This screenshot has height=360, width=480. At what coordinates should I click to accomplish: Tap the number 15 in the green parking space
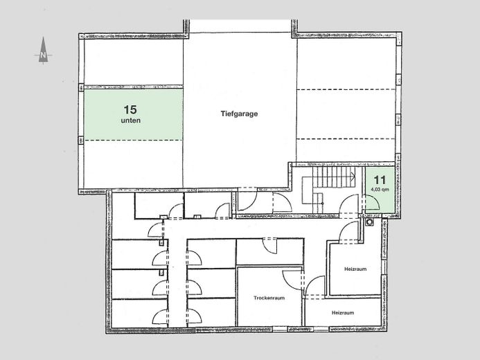pyautogui.click(x=129, y=109)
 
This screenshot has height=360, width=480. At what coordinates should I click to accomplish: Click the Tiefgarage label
pyautogui.click(x=239, y=114)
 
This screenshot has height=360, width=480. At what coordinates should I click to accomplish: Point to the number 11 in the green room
pyautogui.click(x=378, y=178)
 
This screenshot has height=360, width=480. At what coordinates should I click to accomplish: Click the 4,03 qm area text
pyautogui.click(x=378, y=188)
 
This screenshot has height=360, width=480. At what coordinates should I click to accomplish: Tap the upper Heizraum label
pyautogui.click(x=355, y=268)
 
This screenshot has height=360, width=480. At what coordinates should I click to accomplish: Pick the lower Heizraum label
pyautogui.click(x=343, y=313)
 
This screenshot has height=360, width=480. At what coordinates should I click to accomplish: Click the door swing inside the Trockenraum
pyautogui.click(x=295, y=278)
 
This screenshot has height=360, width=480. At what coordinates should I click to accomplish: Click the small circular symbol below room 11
pyautogui.click(x=370, y=223)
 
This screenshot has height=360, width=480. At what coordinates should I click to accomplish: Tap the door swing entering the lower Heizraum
pyautogui.click(x=317, y=286)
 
